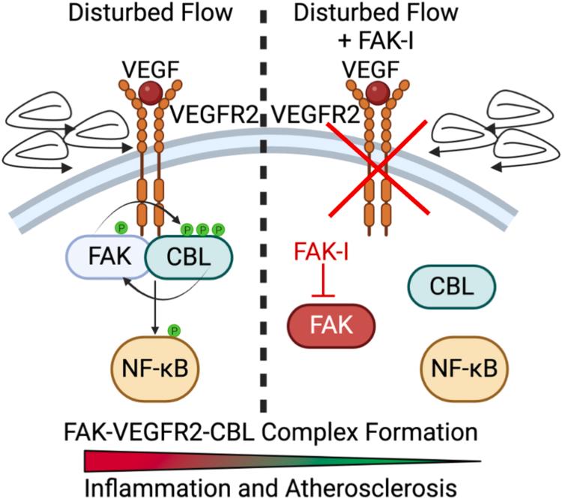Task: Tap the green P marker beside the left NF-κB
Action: [x=174, y=329]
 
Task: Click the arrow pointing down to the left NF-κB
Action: [x=155, y=300]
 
